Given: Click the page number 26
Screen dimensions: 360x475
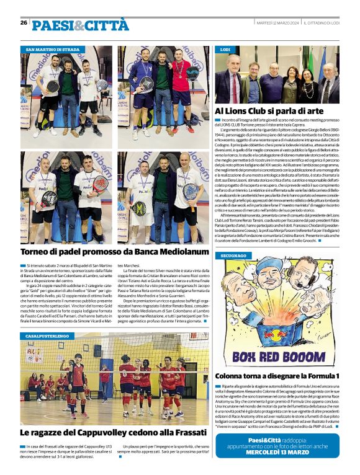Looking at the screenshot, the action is (24, 22).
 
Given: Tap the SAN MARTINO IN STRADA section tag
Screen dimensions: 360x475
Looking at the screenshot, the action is (53, 48).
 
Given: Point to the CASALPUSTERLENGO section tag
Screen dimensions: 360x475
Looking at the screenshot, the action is (47, 335).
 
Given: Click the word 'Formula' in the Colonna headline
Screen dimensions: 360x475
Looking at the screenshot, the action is (313, 376).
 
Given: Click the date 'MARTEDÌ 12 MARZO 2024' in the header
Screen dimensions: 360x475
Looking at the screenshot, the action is (279, 23).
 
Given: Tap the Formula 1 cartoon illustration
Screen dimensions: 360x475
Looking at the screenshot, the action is (277, 313).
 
